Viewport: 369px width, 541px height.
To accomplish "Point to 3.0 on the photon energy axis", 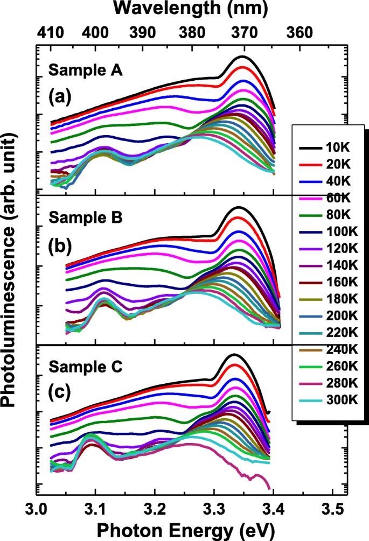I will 37,508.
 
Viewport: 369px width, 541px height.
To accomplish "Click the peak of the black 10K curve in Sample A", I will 243,56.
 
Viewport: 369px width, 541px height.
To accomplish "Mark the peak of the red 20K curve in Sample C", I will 234,365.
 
